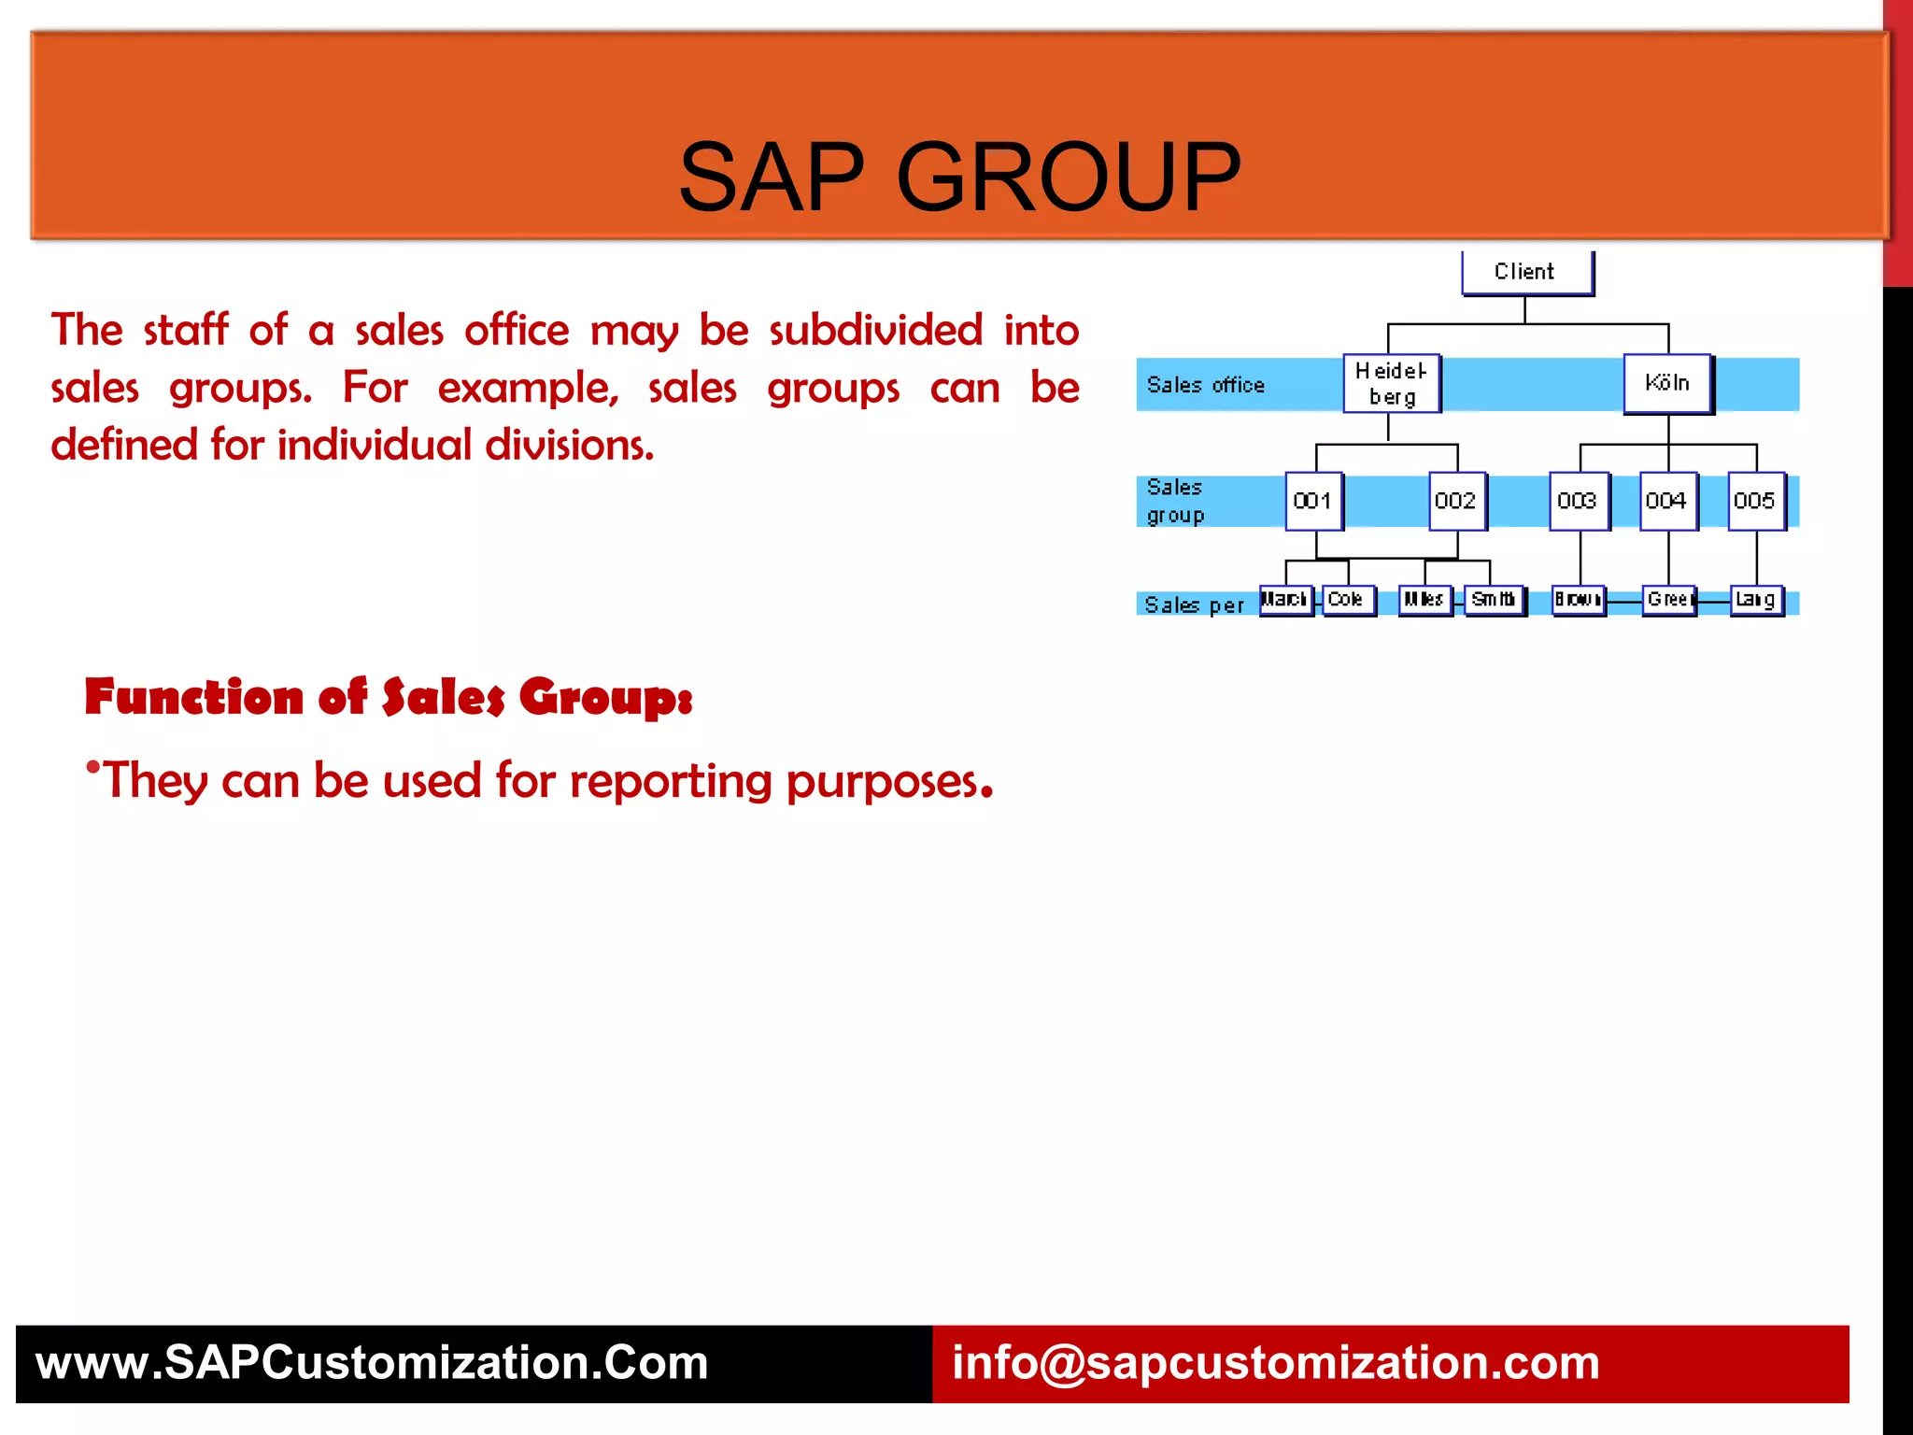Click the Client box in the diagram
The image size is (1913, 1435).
[1526, 272]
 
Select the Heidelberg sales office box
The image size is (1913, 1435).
[1391, 383]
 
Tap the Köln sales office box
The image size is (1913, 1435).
[1667, 383]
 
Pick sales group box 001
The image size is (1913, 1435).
[1313, 501]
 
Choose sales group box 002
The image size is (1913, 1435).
[1456, 501]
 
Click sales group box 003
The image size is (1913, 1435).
[1579, 501]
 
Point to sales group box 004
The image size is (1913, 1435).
[1667, 501]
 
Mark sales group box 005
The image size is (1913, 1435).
[1755, 501]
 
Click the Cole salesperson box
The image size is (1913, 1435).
[1348, 600]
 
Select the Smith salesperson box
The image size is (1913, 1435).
[1494, 600]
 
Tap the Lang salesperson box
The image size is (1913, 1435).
[1756, 600]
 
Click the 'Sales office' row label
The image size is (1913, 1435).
[1205, 385]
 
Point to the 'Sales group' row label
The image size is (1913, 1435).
[1175, 502]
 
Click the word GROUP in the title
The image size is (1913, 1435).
[1069, 177]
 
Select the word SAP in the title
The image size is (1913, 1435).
[772, 177]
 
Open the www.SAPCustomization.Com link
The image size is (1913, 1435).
[372, 1363]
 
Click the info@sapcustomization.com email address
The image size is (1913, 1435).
[1275, 1363]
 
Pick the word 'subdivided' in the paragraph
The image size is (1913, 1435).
[875, 330]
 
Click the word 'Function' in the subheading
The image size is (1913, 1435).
[193, 697]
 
